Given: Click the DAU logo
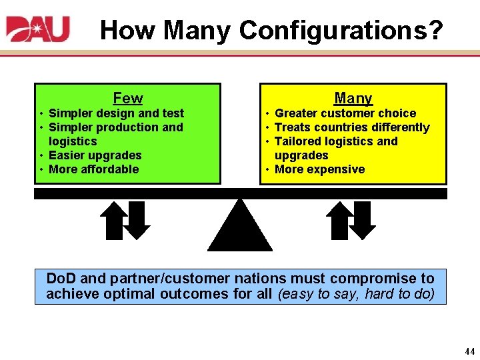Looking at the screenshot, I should tap(38, 29).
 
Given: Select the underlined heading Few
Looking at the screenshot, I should tap(127, 98).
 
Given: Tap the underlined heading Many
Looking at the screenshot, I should tap(353, 98).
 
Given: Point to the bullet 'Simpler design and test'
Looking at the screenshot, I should tap(116, 113).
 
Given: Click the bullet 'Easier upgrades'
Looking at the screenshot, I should tap(95, 155).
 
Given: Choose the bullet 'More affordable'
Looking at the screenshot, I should tap(94, 169).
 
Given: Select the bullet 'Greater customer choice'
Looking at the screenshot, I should tap(345, 113).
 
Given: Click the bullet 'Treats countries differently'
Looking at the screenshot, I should tap(352, 127).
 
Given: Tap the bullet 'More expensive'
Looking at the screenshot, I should tap(319, 169).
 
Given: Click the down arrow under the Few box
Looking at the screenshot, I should tap(139, 220).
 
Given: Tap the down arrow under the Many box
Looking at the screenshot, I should tap(364, 220).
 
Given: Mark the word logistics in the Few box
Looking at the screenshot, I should tap(73, 141).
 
